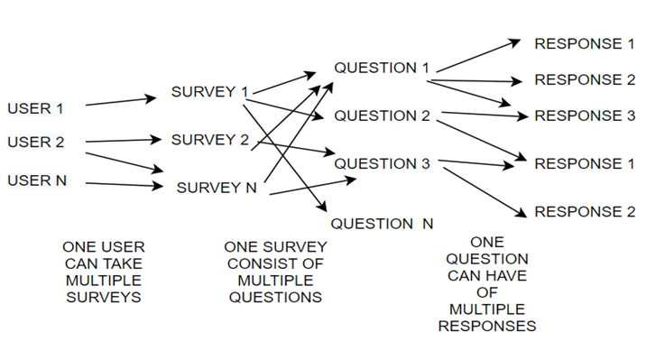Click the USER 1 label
point(36,109)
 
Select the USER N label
point(37,180)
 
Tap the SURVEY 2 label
point(209,139)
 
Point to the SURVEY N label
point(217,188)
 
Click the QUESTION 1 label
point(382,68)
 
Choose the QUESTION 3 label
point(382,163)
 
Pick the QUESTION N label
point(382,224)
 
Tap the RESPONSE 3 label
point(585,115)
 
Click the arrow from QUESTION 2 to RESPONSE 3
point(483,115)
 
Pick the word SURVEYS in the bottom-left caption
point(103,297)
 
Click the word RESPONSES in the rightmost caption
point(487,326)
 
